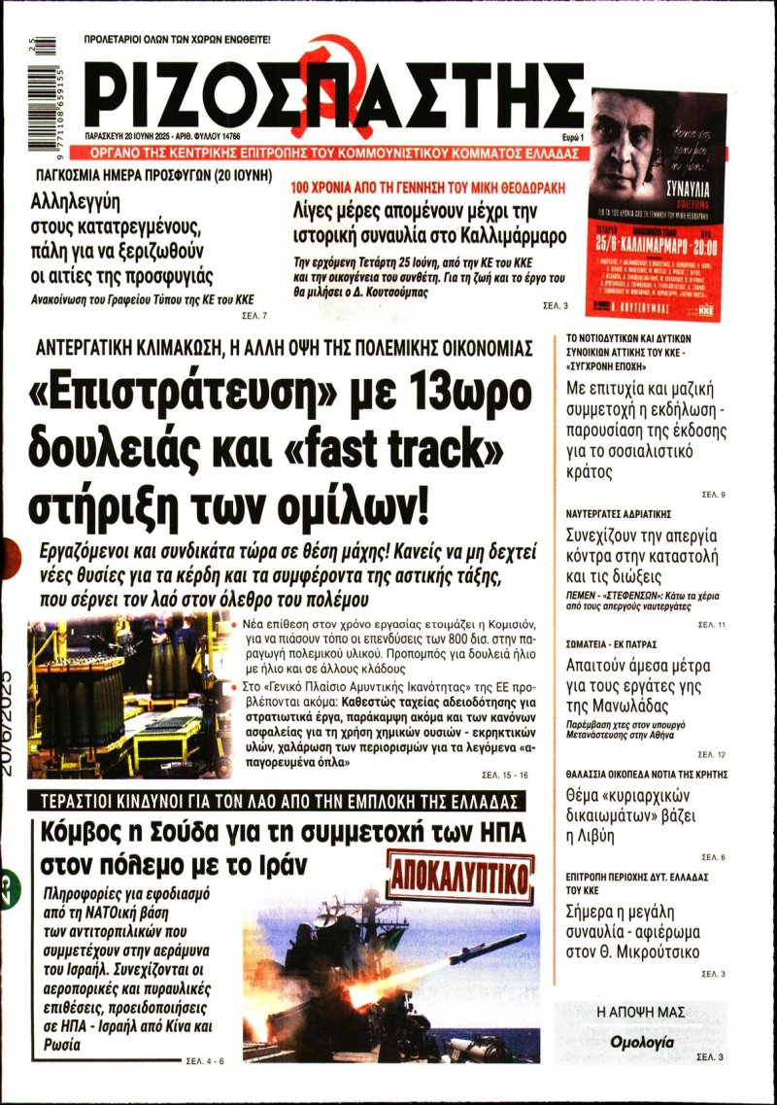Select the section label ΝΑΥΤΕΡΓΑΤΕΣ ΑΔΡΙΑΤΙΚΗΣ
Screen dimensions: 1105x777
(x=632, y=512)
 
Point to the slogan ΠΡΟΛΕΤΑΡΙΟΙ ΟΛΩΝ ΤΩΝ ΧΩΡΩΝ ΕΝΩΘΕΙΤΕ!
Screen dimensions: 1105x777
(x=177, y=40)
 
